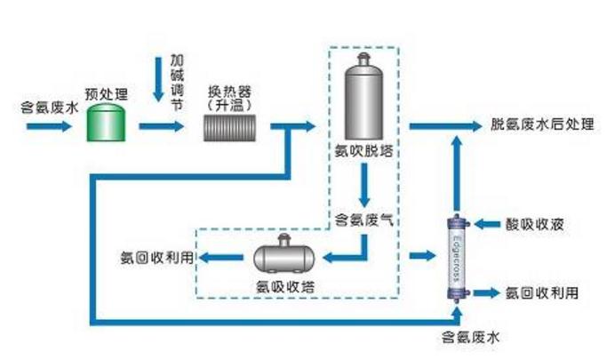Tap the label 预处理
click(x=107, y=92)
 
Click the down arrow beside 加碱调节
click(x=159, y=81)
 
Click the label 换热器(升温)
click(x=228, y=98)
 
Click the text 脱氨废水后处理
click(x=541, y=124)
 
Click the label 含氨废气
click(x=363, y=219)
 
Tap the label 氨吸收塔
click(x=285, y=286)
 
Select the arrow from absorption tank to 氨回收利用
click(x=222, y=258)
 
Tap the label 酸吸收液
click(x=532, y=225)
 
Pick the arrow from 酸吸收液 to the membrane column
click(x=487, y=225)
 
